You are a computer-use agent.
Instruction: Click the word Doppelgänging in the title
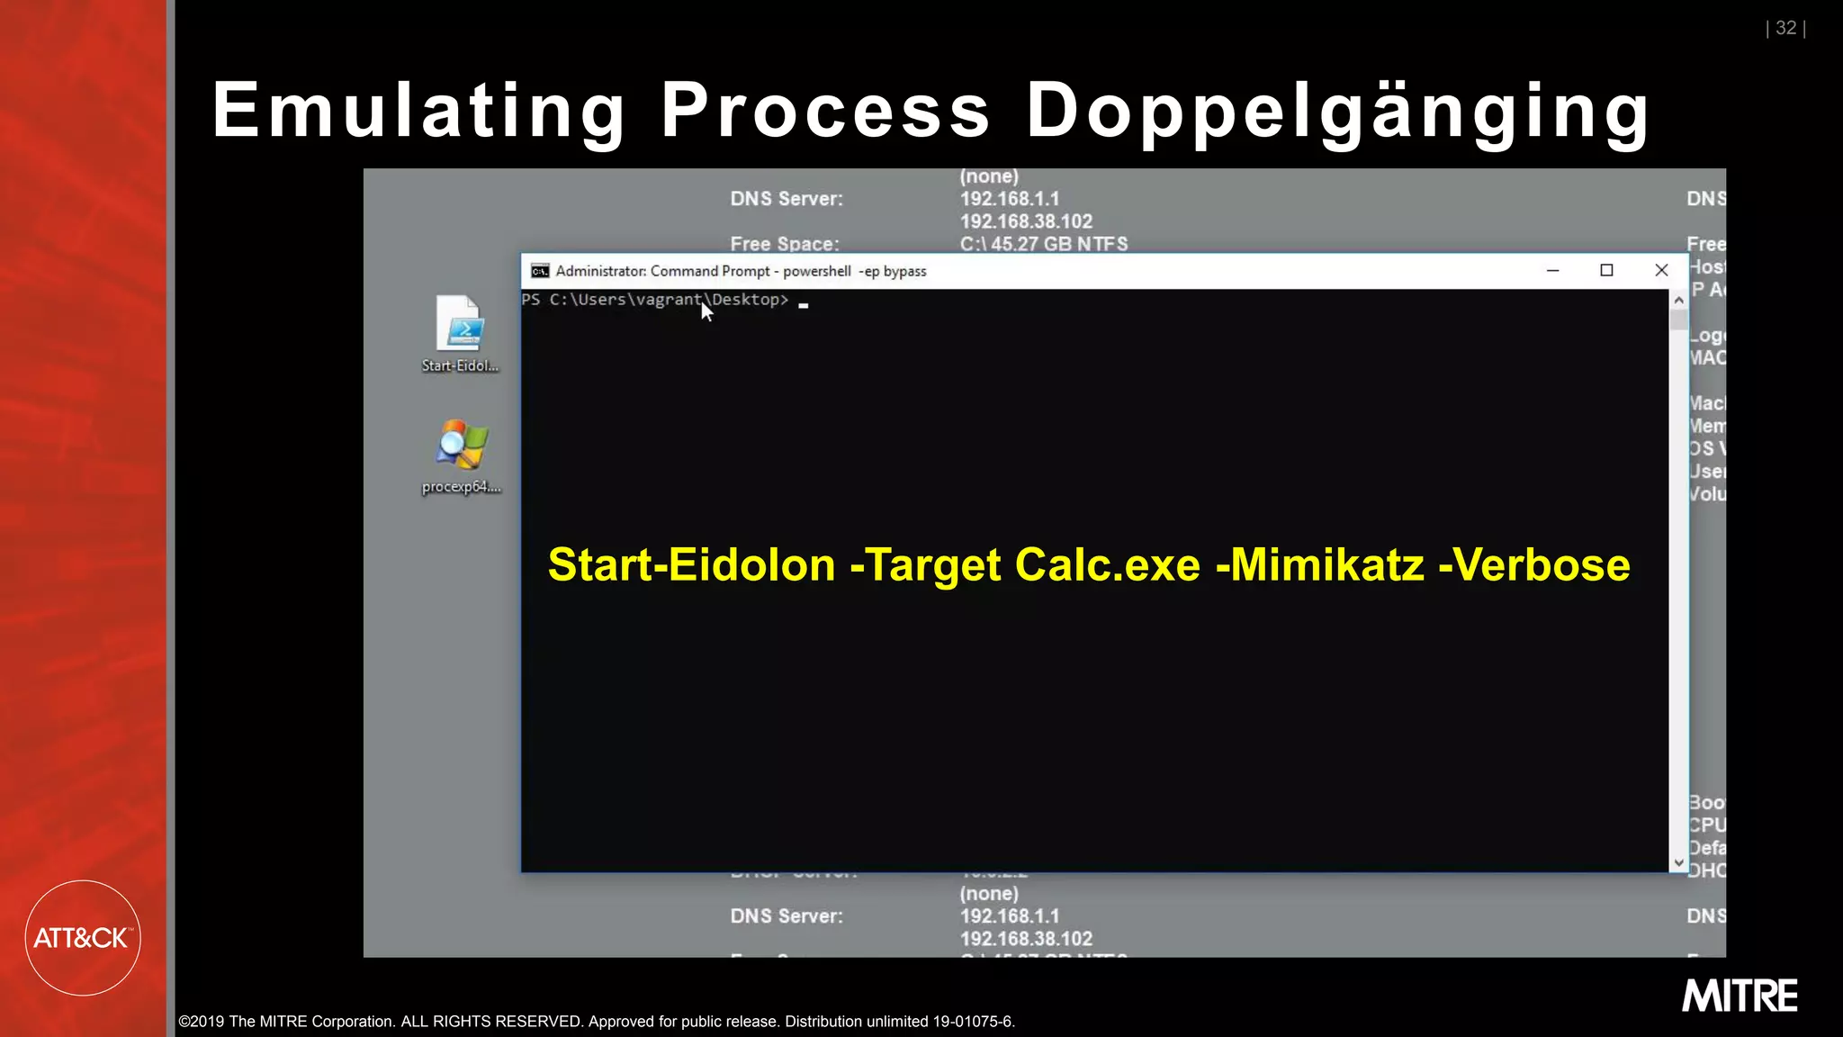coord(1337,112)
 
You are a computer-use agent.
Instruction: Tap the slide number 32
coord(1785,28)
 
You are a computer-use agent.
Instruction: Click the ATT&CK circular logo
coord(83,937)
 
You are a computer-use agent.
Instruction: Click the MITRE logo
coord(1740,996)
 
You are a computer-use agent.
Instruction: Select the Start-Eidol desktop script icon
coord(461,324)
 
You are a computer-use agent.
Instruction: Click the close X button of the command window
coord(1661,270)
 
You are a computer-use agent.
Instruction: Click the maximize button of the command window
coord(1606,270)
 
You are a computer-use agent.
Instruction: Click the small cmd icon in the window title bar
coord(540,271)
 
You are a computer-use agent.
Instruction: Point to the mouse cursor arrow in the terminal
coord(706,311)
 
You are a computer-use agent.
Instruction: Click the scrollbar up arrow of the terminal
coord(1678,300)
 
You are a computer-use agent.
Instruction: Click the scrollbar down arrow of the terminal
coord(1678,862)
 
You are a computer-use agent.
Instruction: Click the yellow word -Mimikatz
coord(1319,565)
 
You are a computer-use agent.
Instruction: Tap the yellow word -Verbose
coord(1534,565)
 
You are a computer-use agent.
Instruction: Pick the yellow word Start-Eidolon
coord(691,565)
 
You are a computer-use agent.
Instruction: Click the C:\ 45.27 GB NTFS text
coord(1043,244)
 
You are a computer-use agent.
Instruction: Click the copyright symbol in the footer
coord(184,1022)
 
